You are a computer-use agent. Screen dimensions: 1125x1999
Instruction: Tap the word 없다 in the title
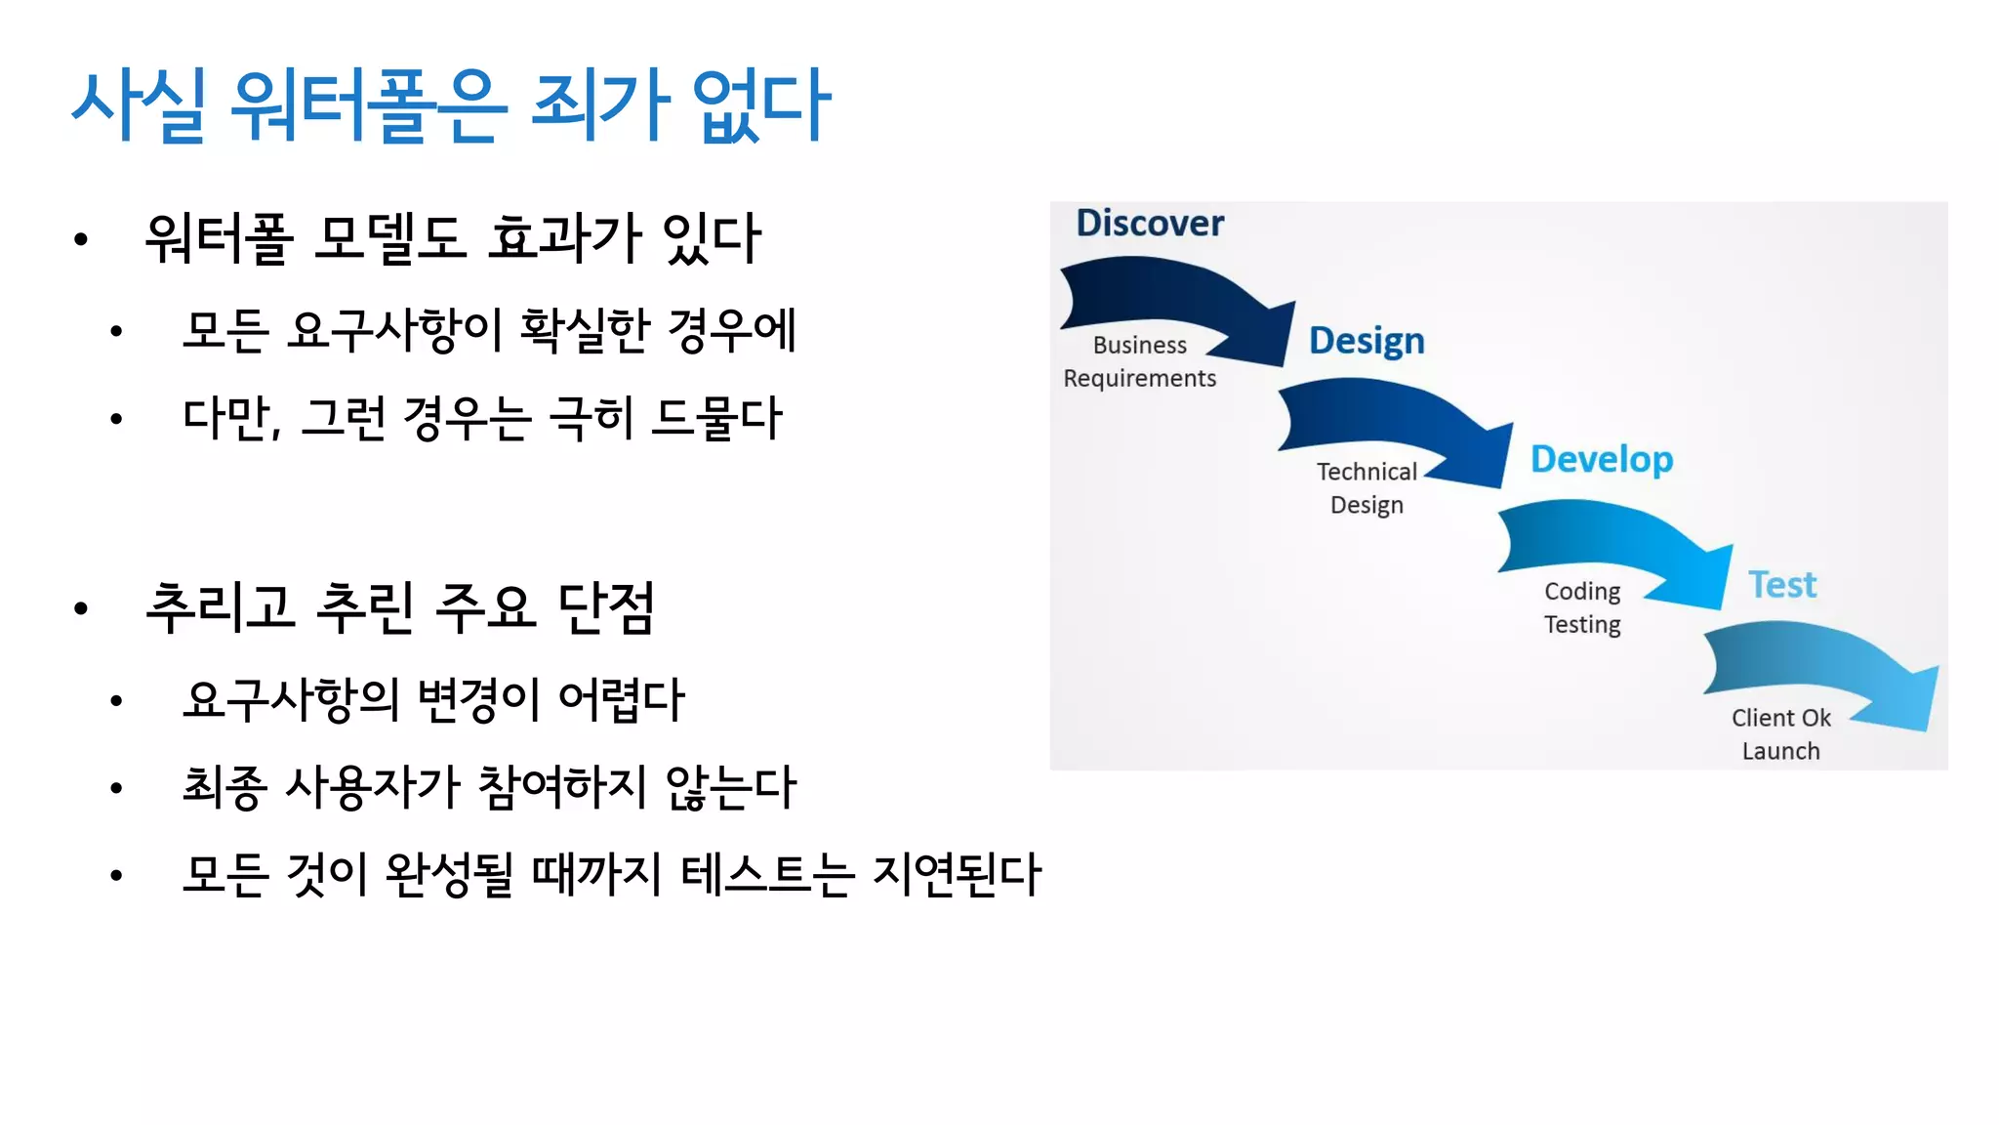coord(760,105)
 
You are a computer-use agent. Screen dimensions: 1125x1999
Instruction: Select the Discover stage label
coord(1149,223)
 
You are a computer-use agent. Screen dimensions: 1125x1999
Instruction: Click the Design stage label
coord(1366,341)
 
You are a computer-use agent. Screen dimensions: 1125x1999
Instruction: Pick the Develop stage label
coord(1601,459)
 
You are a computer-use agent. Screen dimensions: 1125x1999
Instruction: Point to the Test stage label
coord(1781,585)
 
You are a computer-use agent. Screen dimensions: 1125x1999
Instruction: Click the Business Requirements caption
coord(1139,361)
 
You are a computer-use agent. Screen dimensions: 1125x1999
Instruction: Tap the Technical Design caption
coord(1366,488)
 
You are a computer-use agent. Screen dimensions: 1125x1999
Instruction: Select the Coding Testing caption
coord(1581,607)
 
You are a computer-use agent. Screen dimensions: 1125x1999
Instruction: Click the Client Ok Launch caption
coord(1780,734)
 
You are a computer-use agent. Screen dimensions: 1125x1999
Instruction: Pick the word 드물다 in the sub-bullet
coord(716,418)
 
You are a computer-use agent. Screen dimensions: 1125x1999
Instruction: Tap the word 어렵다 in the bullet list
coord(621,699)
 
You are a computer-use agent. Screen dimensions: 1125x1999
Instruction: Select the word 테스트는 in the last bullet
coord(767,874)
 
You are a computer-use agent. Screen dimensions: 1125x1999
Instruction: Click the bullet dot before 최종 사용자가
coord(116,788)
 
